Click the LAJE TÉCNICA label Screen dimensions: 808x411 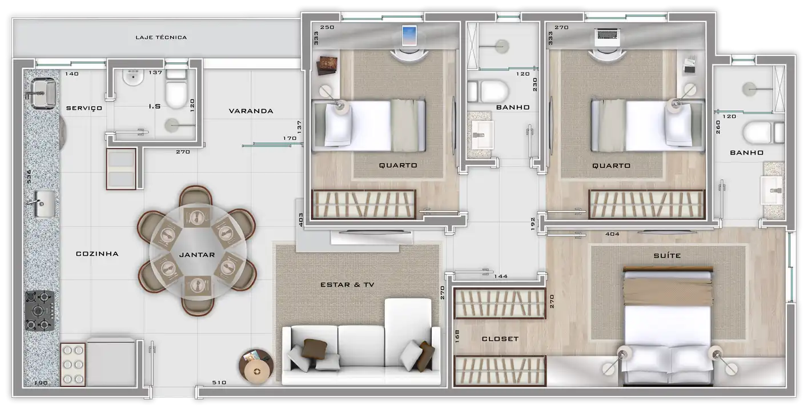click(x=161, y=37)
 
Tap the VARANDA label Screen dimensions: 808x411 click(x=251, y=111)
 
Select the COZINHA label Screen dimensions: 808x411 click(x=97, y=254)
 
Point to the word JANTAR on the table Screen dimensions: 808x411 click(x=197, y=255)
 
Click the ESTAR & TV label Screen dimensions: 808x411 click(x=347, y=285)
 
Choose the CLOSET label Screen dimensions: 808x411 click(x=500, y=339)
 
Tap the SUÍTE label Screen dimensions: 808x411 click(x=668, y=256)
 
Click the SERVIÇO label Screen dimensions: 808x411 click(x=84, y=108)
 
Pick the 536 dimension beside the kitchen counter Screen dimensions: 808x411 click(x=29, y=176)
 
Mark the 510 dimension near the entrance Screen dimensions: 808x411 click(x=219, y=382)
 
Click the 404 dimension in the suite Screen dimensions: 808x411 click(x=613, y=234)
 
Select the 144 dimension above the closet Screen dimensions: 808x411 click(x=501, y=276)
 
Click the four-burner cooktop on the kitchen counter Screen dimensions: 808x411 click(x=39, y=311)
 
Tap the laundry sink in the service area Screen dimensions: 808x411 click(x=43, y=94)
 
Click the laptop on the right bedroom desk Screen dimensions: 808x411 click(x=608, y=38)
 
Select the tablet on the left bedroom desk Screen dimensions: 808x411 click(x=409, y=36)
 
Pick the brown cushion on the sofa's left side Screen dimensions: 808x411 click(x=315, y=349)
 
